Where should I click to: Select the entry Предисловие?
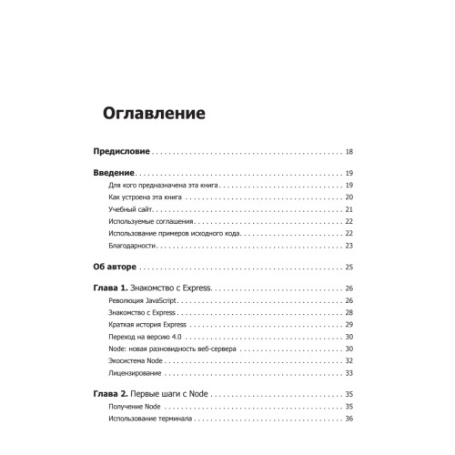click(122, 151)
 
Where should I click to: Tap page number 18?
click(349, 151)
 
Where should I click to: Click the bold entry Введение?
click(115, 173)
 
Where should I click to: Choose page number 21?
click(349, 209)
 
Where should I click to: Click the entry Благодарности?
click(134, 246)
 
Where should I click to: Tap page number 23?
click(349, 246)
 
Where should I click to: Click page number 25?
click(349, 268)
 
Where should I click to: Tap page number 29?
click(349, 325)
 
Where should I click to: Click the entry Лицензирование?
click(136, 373)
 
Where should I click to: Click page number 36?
click(349, 419)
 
